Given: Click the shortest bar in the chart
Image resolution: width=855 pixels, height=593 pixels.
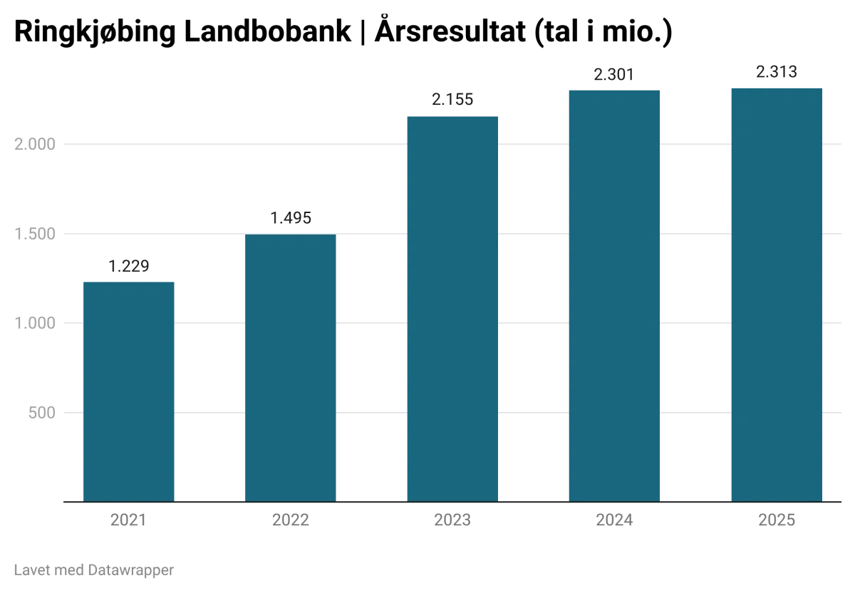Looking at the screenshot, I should click(129, 390).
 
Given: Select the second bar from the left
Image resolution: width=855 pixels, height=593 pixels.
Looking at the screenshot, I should click(291, 367).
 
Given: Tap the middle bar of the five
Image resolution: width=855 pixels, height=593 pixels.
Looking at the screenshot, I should click(452, 307).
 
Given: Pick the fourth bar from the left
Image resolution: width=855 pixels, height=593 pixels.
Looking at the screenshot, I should click(613, 293).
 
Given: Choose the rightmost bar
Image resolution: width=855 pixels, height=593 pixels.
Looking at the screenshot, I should click(777, 293).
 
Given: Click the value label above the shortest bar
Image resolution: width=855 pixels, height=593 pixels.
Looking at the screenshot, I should click(130, 266).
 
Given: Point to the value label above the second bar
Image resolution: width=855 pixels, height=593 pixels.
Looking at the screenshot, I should click(291, 220).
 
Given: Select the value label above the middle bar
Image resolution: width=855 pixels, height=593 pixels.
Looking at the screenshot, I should click(450, 100).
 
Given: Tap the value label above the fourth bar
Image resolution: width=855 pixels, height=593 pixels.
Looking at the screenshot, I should click(613, 73).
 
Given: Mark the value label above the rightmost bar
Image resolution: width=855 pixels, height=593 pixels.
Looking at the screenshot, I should click(777, 72).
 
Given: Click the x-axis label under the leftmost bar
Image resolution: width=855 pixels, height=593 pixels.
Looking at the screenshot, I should click(129, 522).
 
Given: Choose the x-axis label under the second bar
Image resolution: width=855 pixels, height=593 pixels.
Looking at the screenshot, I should click(291, 522).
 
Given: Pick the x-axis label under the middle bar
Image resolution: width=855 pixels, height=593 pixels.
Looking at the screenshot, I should click(452, 522).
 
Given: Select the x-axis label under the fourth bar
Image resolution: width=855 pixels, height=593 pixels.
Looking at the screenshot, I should click(614, 522).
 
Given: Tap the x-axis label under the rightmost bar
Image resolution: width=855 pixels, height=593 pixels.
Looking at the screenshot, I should click(777, 522).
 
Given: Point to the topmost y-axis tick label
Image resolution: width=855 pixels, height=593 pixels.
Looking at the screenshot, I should click(34, 145).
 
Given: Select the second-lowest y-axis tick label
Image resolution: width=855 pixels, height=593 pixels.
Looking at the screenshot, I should click(34, 323).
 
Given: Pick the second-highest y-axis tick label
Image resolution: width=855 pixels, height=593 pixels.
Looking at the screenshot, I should click(34, 233).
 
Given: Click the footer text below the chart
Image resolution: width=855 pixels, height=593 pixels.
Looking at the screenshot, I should click(93, 569).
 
